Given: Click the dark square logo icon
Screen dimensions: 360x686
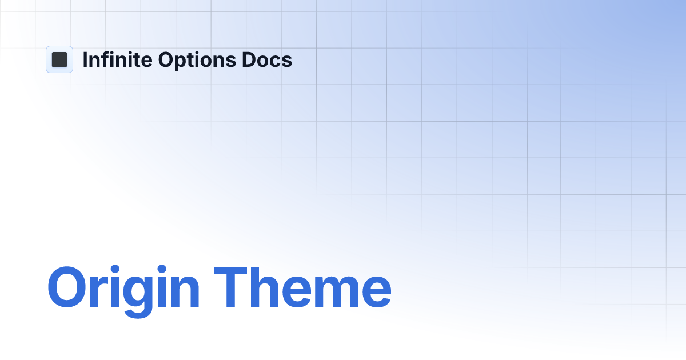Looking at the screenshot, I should pyautogui.click(x=59, y=59).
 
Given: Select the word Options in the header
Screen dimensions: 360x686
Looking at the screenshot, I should pyautogui.click(x=196, y=60).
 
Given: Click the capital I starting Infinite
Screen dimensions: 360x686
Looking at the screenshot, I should pyautogui.click(x=86, y=59).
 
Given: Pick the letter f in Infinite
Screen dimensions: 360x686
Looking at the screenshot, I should pyautogui.click(x=105, y=59).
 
